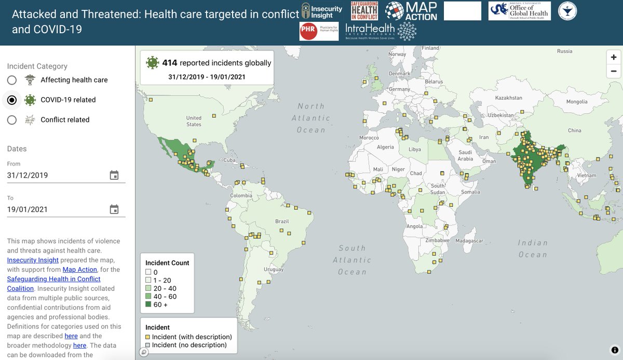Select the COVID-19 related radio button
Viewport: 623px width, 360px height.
12,100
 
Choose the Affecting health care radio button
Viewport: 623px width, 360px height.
12,80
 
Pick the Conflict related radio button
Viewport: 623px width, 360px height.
12,120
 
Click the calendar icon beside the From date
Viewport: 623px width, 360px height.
114,175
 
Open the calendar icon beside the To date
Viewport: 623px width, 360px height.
114,209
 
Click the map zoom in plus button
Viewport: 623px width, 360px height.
614,57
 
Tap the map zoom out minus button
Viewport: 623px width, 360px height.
614,71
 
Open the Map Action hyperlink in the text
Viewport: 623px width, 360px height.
80,270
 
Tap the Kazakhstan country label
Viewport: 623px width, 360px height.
508,98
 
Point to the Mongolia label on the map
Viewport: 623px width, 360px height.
576,102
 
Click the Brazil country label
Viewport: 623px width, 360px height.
282,221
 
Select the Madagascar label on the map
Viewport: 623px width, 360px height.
469,241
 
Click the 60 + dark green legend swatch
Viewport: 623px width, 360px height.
148,305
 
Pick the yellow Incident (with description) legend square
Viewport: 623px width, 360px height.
148,337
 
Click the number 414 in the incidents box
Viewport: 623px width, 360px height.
170,63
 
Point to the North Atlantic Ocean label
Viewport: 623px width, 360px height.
310,118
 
